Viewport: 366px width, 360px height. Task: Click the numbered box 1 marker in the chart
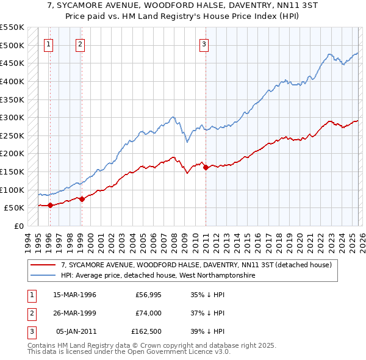[48, 43]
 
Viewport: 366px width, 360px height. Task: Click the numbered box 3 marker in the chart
[204, 43]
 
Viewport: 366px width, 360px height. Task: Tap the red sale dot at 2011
[206, 167]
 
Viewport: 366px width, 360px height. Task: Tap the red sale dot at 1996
[50, 205]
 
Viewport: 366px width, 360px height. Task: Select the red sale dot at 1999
[82, 199]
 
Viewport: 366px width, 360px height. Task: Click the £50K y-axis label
[13, 208]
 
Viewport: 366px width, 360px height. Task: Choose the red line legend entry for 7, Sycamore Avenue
[195, 265]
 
